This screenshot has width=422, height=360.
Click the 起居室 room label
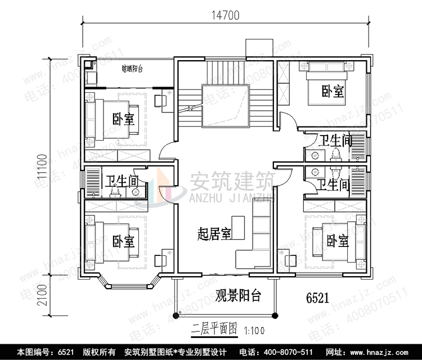pos(214,233)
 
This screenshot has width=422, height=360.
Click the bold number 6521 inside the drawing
pos(317,297)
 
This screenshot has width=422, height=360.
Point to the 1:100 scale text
pos(254,329)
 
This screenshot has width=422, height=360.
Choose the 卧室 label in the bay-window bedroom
pos(123,242)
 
